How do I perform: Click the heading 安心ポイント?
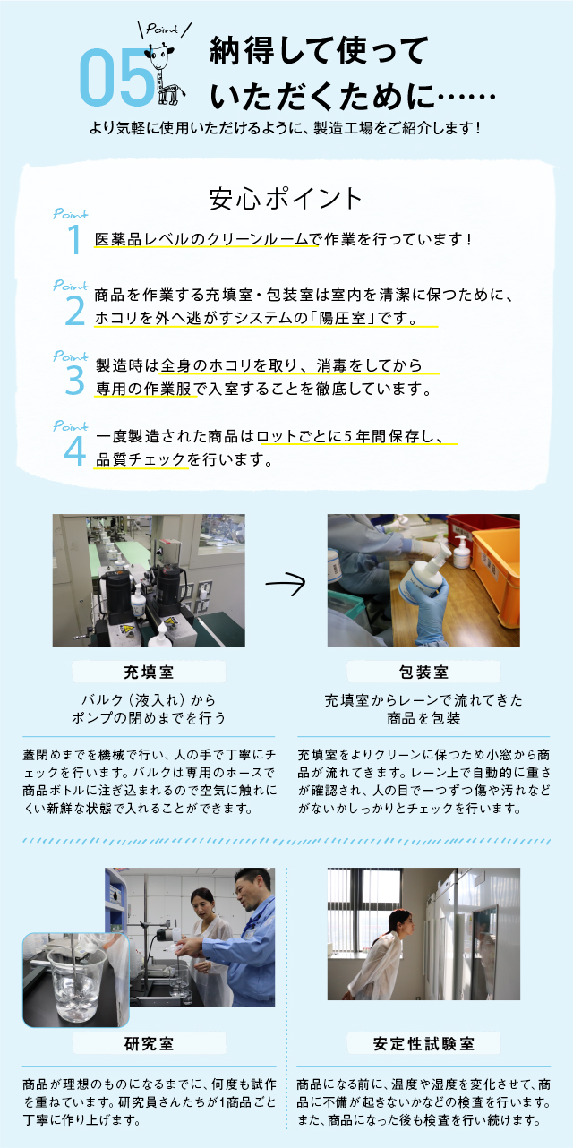tap(286, 198)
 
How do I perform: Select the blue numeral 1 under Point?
tap(75, 239)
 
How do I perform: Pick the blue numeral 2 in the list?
tap(75, 311)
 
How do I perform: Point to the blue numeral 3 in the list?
tap(75, 381)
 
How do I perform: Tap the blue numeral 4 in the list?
tap(75, 451)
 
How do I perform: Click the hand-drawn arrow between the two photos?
tap(286, 583)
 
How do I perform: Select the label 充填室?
tap(149, 672)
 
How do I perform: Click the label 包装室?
tap(423, 672)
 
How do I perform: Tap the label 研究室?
tap(149, 1043)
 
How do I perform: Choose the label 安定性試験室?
tap(423, 1043)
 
